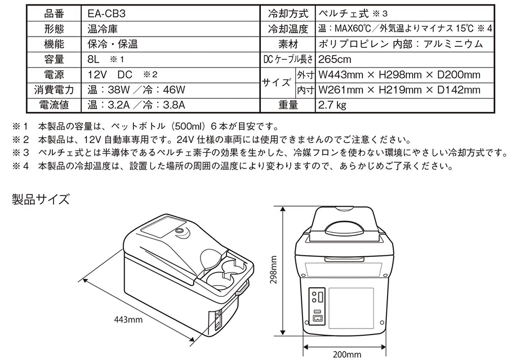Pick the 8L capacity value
click(95, 59)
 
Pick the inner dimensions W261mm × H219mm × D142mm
click(399, 90)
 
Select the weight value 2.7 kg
click(332, 105)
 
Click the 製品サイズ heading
click(40, 198)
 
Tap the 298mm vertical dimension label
click(273, 270)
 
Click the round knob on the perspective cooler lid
click(180, 232)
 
